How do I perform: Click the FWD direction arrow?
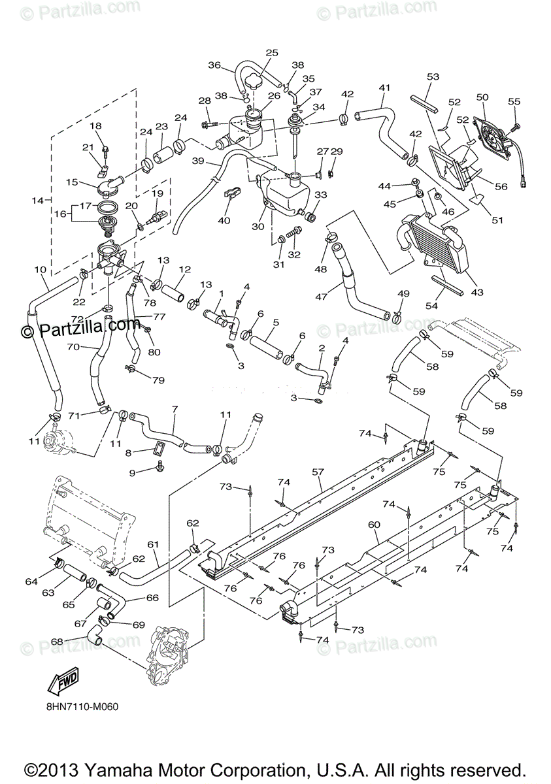pyautogui.click(x=63, y=681)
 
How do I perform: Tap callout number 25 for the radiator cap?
pyautogui.click(x=272, y=53)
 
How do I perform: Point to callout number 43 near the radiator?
pyautogui.click(x=476, y=291)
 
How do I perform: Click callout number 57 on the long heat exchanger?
pyautogui.click(x=318, y=472)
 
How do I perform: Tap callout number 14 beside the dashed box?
pyautogui.click(x=37, y=201)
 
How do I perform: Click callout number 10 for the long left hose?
pyautogui.click(x=41, y=269)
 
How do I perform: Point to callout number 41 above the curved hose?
pyautogui.click(x=384, y=88)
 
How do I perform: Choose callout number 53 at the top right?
pyautogui.click(x=433, y=76)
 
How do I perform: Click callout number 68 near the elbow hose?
pyautogui.click(x=57, y=641)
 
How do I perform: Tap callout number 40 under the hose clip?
pyautogui.click(x=224, y=221)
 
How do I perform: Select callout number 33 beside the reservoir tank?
pyautogui.click(x=321, y=195)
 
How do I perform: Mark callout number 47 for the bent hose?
pyautogui.click(x=321, y=297)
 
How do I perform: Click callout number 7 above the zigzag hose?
pyautogui.click(x=175, y=409)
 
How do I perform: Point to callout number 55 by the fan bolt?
pyautogui.click(x=514, y=101)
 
